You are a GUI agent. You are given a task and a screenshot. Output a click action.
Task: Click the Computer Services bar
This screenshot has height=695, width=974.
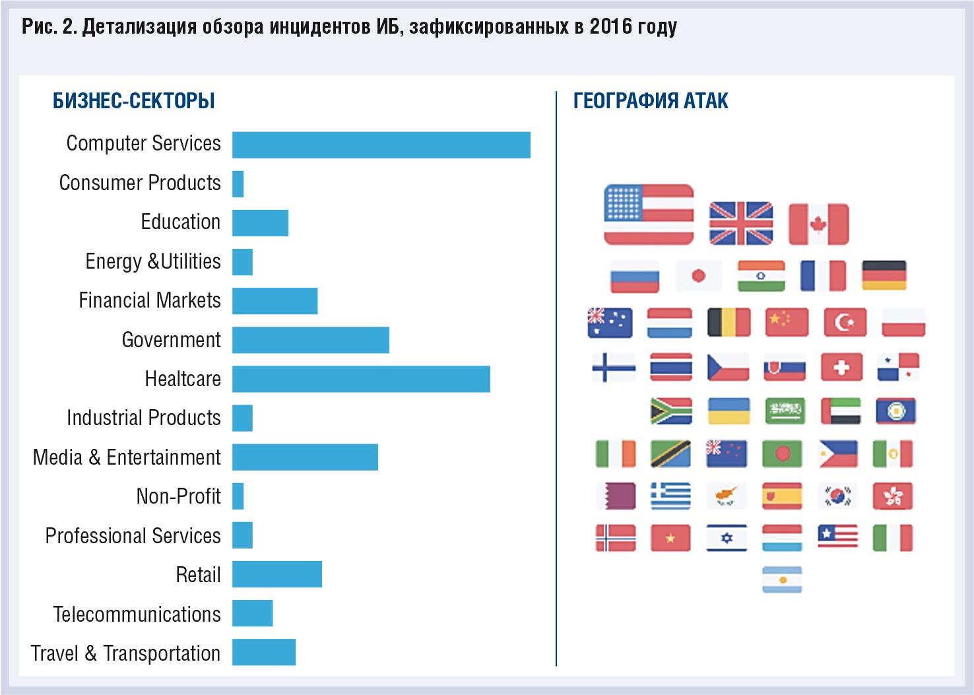click(381, 145)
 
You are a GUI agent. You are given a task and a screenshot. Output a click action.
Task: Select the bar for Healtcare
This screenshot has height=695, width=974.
click(361, 380)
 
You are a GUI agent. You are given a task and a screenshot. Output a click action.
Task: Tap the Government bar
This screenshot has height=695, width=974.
click(310, 340)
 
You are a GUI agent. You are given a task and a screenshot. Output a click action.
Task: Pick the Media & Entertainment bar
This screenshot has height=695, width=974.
click(305, 457)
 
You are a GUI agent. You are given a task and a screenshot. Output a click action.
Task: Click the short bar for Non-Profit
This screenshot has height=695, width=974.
click(238, 496)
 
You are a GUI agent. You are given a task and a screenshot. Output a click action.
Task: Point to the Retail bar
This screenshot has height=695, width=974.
click(276, 574)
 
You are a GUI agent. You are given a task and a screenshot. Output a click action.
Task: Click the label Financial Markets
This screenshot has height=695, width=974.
click(149, 301)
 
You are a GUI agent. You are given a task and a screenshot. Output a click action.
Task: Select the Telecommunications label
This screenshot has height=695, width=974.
click(137, 614)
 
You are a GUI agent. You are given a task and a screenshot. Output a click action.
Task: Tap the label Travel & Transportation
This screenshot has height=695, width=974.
click(125, 653)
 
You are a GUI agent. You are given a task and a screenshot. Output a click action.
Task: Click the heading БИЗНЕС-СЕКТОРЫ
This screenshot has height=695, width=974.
click(134, 101)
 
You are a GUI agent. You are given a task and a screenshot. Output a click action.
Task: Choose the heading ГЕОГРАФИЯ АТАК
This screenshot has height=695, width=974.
click(651, 101)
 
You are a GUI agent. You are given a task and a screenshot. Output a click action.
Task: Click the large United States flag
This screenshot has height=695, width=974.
click(649, 215)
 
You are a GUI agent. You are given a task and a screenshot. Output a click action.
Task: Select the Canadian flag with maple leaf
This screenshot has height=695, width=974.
click(818, 224)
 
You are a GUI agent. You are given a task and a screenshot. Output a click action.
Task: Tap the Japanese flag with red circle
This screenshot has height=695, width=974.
click(698, 276)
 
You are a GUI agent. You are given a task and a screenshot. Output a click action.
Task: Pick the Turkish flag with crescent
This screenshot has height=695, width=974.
click(845, 323)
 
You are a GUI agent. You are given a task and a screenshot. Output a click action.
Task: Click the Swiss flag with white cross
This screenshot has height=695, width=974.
click(841, 367)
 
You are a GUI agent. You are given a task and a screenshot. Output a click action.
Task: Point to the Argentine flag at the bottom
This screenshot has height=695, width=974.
click(782, 579)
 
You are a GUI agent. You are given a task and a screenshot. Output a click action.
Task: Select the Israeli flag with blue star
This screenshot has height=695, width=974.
click(727, 537)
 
